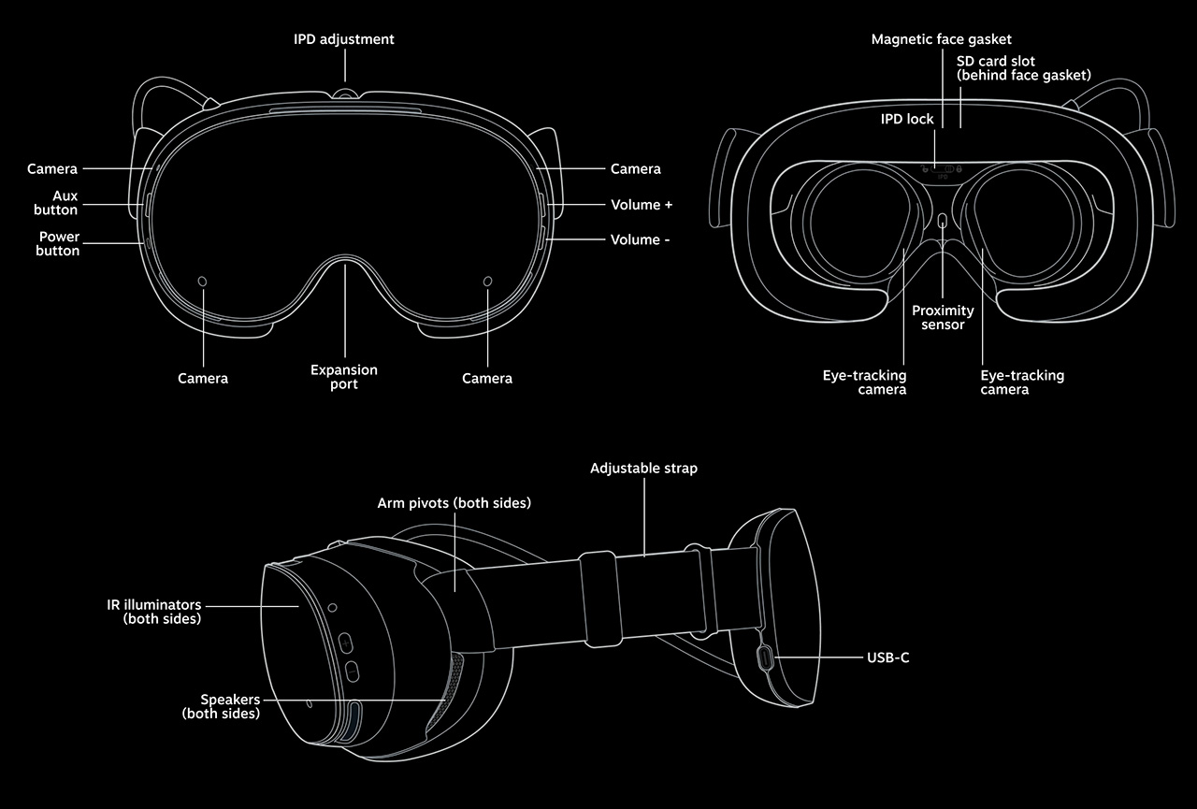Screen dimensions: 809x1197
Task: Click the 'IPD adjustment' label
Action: point(344,39)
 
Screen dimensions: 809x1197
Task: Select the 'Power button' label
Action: point(59,243)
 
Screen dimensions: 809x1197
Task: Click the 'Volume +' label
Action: point(642,205)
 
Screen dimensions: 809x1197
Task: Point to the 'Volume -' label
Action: point(641,240)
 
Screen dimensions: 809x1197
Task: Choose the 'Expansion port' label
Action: point(344,377)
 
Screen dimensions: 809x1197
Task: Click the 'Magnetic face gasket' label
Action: point(942,39)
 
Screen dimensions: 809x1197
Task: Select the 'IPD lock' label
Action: point(907,120)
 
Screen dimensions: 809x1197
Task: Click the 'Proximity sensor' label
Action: point(943,317)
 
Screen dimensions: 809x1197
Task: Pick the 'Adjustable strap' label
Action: point(643,468)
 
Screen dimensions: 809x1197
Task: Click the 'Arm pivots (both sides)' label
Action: point(454,503)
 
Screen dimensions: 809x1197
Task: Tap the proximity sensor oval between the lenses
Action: point(943,221)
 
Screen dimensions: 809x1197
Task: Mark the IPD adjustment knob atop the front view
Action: point(345,94)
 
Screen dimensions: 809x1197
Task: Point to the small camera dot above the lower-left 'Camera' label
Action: point(203,281)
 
